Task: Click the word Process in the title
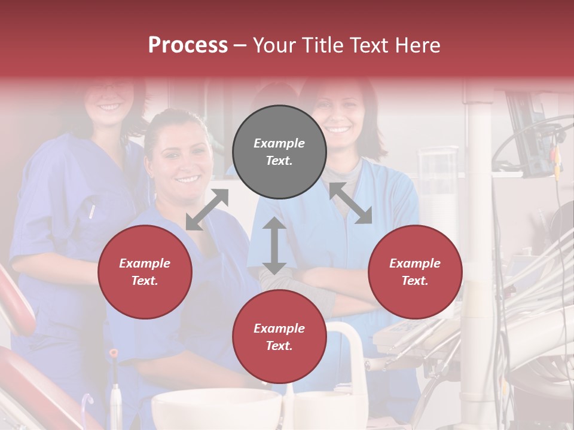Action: pos(188,45)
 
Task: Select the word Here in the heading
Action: pos(418,45)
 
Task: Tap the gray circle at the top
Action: pos(279,152)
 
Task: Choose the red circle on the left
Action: pos(145,272)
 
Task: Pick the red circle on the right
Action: pos(415,272)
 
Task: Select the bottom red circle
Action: pos(279,337)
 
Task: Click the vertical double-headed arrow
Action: pos(274,245)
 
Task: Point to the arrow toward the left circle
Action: pos(207,209)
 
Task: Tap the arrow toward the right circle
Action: pos(351,203)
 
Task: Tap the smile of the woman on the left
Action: pos(109,107)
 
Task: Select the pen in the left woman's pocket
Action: pos(92,210)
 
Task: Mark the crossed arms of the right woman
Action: pos(335,287)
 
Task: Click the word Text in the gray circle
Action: pos(279,161)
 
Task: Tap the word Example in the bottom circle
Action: pos(279,328)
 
